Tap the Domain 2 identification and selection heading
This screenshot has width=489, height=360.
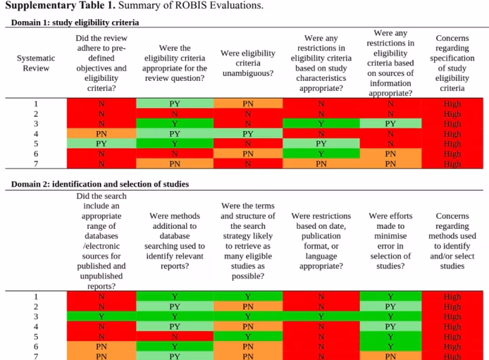(x=100, y=183)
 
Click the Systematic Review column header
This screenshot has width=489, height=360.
(x=36, y=63)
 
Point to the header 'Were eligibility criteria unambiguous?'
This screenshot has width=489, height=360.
(x=248, y=63)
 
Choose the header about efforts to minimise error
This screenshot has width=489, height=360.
(x=391, y=241)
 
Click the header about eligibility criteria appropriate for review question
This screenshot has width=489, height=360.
(x=175, y=63)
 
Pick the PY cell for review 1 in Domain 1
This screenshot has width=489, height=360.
(x=175, y=104)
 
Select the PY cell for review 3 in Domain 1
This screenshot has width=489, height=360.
(x=391, y=124)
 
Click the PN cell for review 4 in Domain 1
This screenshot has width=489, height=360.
(x=101, y=134)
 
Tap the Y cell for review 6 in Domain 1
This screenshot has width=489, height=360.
(x=321, y=154)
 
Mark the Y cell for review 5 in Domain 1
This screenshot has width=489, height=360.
(x=175, y=144)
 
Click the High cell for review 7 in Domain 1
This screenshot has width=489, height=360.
(x=452, y=164)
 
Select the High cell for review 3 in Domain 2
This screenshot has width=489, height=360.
(x=452, y=317)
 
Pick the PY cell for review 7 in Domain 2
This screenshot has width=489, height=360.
(x=175, y=356)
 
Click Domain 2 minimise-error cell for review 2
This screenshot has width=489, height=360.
(x=391, y=306)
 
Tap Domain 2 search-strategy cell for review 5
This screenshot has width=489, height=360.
(x=248, y=336)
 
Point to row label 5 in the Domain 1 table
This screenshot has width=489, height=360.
(x=36, y=144)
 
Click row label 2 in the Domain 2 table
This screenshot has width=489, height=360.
(x=36, y=306)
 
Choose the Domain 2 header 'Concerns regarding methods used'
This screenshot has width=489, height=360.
(x=452, y=241)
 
